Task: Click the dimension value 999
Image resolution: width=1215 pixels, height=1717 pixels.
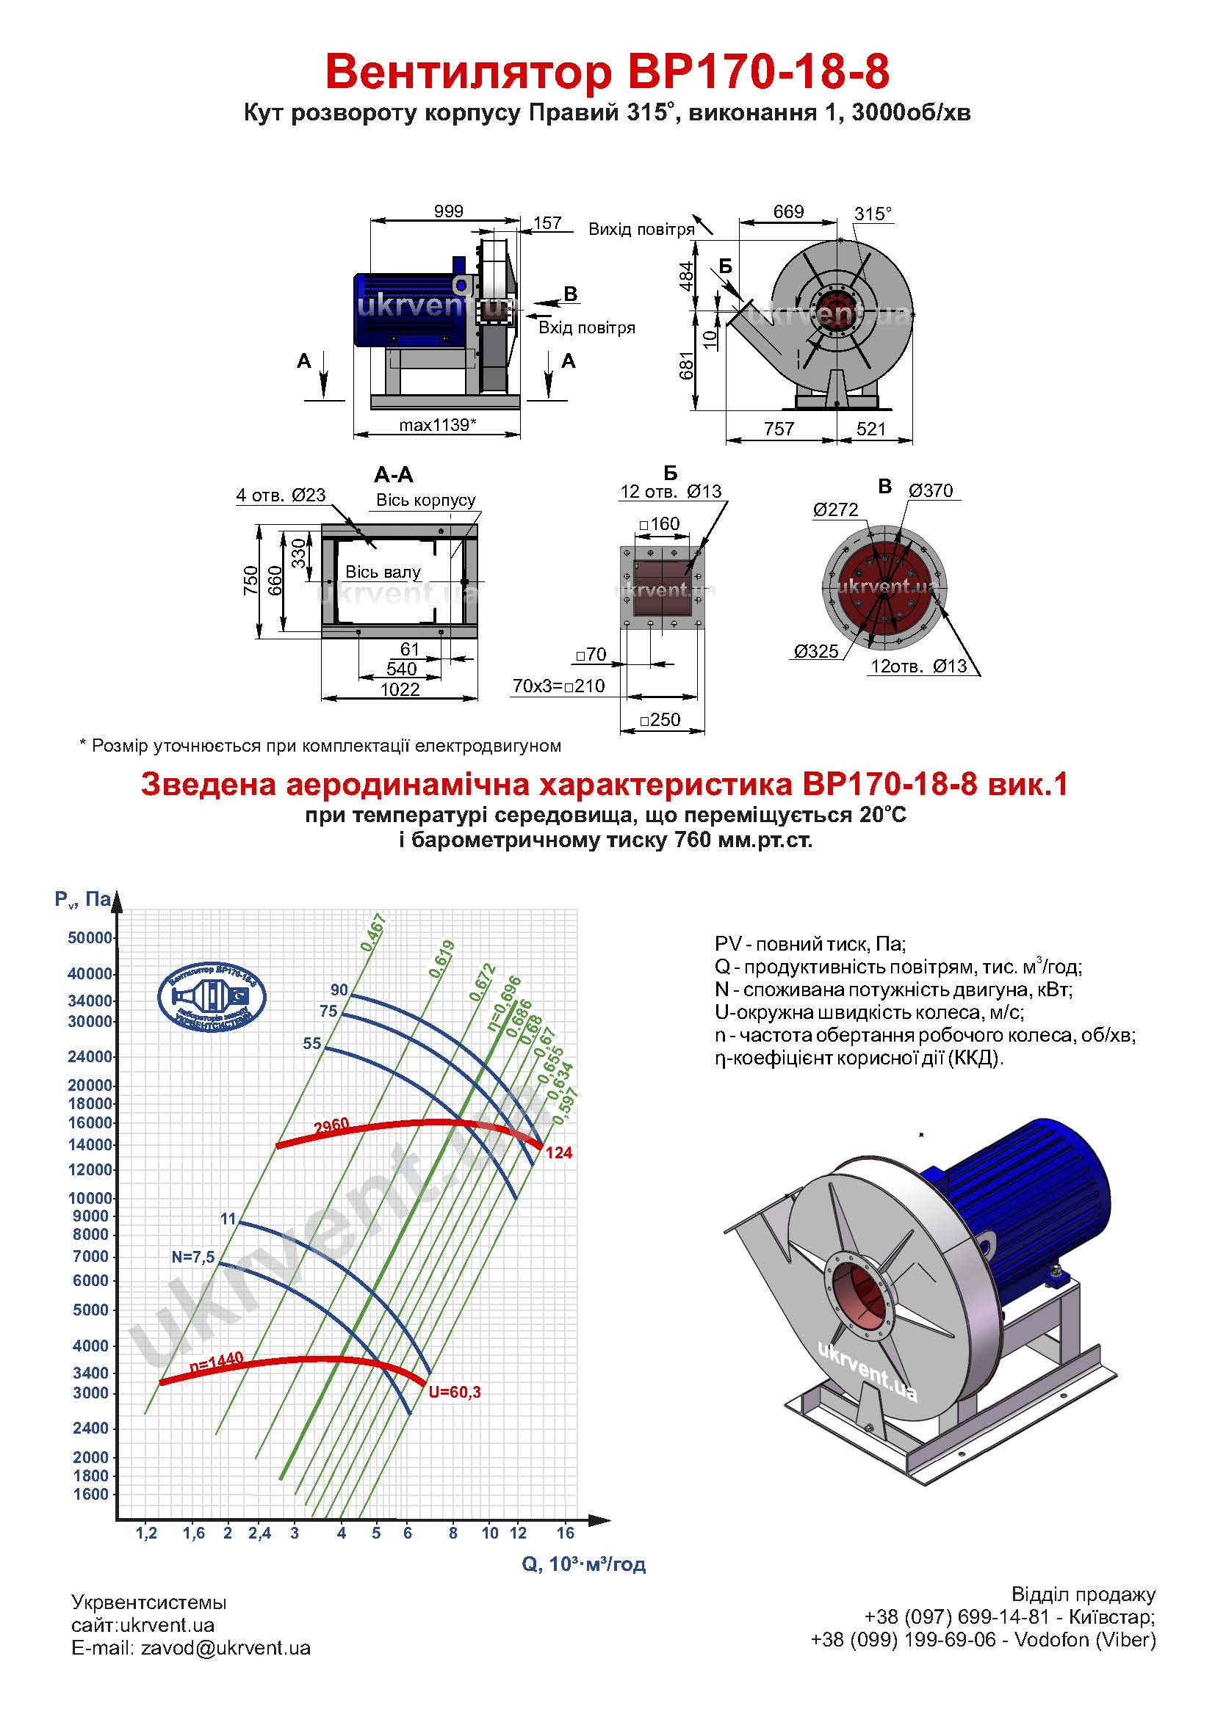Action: pyautogui.click(x=448, y=211)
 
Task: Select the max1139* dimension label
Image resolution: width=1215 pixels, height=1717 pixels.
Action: pyautogui.click(x=438, y=425)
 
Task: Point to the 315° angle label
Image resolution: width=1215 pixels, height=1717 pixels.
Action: pyautogui.click(x=873, y=214)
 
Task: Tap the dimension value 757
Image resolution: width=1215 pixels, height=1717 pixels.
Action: pyautogui.click(x=779, y=429)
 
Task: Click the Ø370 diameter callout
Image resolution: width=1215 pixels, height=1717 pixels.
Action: pyautogui.click(x=931, y=490)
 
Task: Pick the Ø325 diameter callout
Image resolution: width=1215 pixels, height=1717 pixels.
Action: pyautogui.click(x=816, y=650)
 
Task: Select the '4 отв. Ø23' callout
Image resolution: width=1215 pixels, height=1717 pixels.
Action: pyautogui.click(x=281, y=494)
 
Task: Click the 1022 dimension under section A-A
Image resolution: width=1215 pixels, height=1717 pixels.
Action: pyautogui.click(x=400, y=689)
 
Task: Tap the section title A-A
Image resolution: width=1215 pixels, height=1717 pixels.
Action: pyautogui.click(x=394, y=475)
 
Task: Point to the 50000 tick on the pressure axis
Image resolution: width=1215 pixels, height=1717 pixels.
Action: pyautogui.click(x=90, y=937)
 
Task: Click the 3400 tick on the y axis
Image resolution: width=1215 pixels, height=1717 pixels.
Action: pyautogui.click(x=90, y=1372)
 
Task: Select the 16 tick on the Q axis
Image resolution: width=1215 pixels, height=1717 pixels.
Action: pyautogui.click(x=566, y=1532)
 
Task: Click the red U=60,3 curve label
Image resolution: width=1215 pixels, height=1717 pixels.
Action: pyautogui.click(x=455, y=1392)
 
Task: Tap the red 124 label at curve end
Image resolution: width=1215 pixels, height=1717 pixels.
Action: pyautogui.click(x=559, y=1152)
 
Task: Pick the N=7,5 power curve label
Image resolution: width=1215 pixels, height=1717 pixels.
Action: pyautogui.click(x=193, y=1257)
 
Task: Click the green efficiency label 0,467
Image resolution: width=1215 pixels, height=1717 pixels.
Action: pyautogui.click(x=372, y=932)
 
